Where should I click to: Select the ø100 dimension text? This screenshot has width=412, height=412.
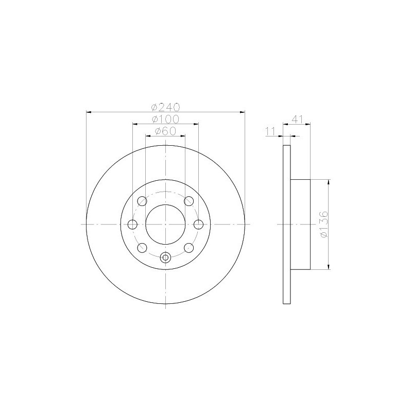coord(165,119)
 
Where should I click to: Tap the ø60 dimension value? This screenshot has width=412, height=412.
coord(165,131)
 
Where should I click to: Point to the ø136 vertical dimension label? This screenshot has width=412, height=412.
coord(323,224)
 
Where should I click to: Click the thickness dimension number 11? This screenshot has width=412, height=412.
coord(269,131)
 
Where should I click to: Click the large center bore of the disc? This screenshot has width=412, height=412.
coord(165,224)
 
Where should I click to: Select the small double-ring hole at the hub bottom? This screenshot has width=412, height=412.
coord(165,257)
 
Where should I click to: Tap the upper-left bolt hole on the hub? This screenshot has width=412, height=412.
coord(142,200)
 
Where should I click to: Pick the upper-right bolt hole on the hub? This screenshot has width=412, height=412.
coord(189,200)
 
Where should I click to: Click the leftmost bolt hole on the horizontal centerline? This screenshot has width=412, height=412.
coord(132,224)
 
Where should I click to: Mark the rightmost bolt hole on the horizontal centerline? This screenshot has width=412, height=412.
coord(199,224)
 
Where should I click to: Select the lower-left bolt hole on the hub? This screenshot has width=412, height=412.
coord(142,248)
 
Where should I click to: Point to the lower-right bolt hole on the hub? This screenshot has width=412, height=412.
coord(189,248)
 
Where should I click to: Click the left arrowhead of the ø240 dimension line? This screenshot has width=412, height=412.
coord(89,111)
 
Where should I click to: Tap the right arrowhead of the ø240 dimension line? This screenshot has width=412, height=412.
coord(241,111)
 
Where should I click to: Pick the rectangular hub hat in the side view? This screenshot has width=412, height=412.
coord(301,225)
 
